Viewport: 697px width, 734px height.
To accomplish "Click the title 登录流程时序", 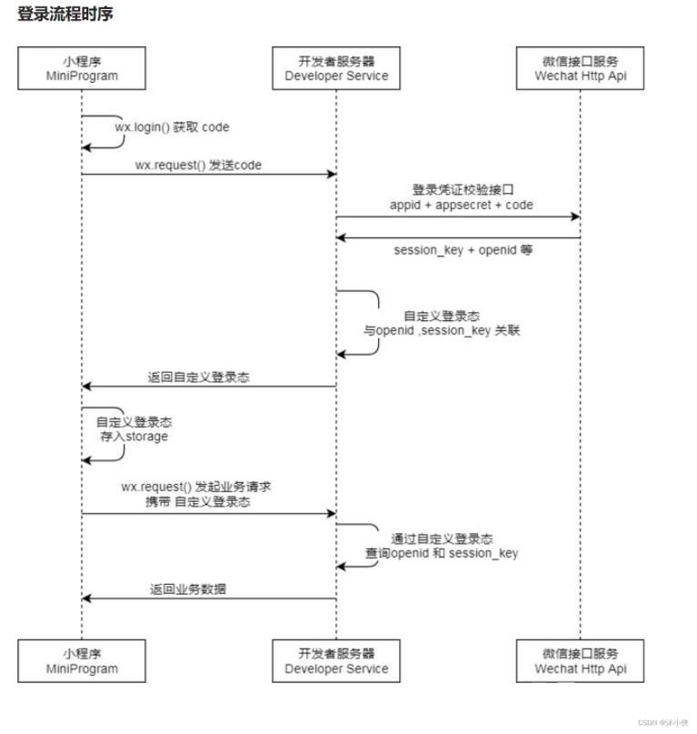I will coord(65,15).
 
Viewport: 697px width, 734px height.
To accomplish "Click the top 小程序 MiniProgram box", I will coord(82,68).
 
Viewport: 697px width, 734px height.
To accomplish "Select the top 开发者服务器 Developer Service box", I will coord(336,68).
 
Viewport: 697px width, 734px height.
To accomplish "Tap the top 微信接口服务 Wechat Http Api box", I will coord(580,68).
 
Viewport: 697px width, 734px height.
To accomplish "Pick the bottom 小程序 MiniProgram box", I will coord(82,660).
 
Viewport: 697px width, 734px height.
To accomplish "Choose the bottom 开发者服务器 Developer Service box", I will coord(336,660).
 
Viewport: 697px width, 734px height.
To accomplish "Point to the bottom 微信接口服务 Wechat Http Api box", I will coord(580,660).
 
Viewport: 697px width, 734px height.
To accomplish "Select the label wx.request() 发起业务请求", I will coord(196,488).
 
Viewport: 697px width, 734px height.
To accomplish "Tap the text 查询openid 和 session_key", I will coord(442,553).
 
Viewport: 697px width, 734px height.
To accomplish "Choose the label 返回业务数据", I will coord(188,588).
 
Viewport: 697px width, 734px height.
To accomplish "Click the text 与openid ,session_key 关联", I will coord(442,331).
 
